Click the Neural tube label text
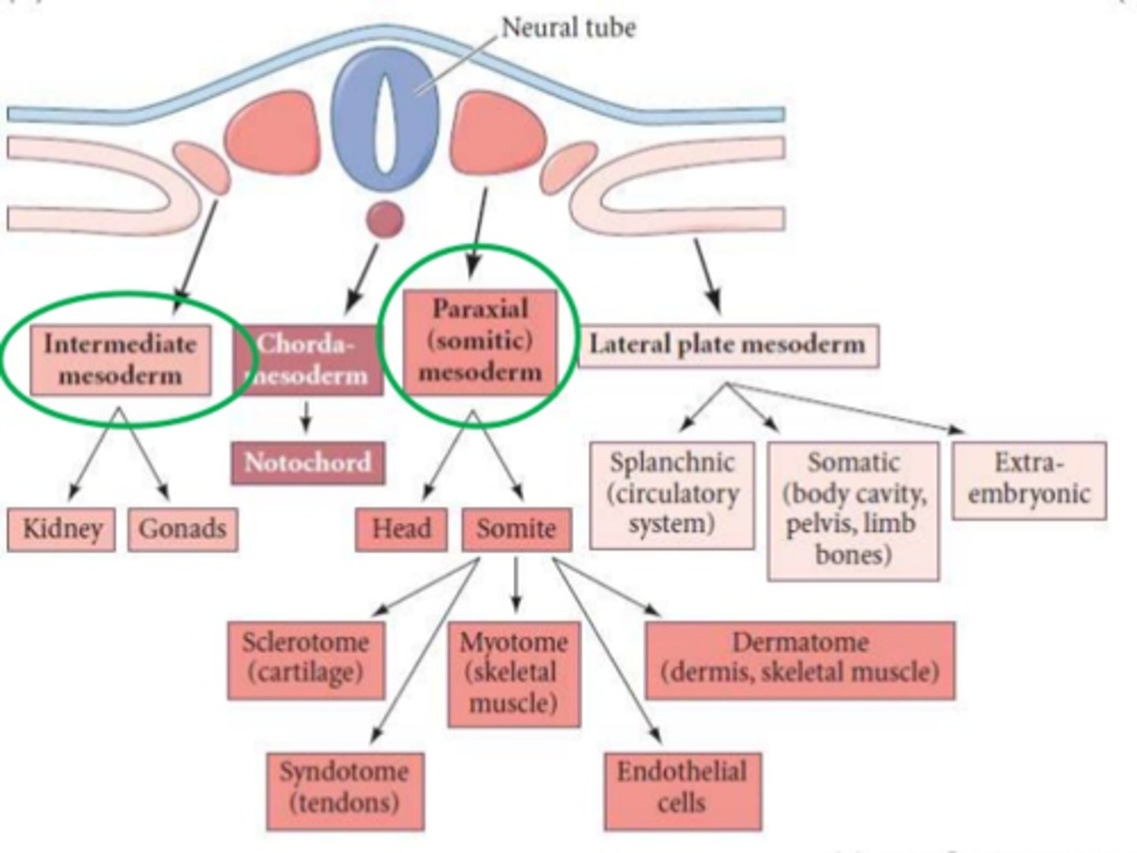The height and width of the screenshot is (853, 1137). pos(568,28)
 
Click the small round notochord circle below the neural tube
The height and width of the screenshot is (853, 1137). pos(385,219)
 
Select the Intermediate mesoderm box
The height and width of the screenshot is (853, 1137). pos(120,360)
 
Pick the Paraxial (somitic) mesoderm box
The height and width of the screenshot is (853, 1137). pos(480,341)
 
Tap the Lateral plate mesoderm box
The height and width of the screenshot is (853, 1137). pos(728,345)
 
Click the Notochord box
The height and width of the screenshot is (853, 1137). pos(308,463)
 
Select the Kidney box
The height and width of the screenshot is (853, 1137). pos(62,529)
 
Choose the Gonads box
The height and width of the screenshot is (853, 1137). pos(182,529)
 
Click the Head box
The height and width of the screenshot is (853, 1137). pos(401,529)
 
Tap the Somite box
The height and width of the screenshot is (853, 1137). pos(516,529)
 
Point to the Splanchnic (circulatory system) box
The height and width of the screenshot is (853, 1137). pos(672,494)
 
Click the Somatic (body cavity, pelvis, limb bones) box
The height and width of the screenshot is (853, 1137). pos(854,510)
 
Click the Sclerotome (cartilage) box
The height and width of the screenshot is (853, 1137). pos(306,659)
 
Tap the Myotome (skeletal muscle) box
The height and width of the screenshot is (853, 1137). pos(514,674)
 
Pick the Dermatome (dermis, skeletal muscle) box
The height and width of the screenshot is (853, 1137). pos(800,659)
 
